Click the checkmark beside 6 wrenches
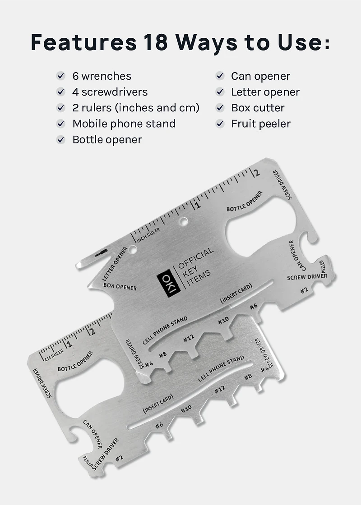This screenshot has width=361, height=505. [60, 76]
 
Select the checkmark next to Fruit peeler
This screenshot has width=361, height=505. [220, 124]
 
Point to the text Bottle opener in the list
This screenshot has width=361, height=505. [107, 140]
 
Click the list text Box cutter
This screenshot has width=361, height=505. [258, 108]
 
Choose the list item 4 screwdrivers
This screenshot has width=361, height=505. [110, 92]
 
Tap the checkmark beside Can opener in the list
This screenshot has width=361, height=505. [220, 76]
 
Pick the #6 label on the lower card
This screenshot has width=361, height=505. [159, 425]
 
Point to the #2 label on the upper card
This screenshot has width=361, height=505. [304, 289]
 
